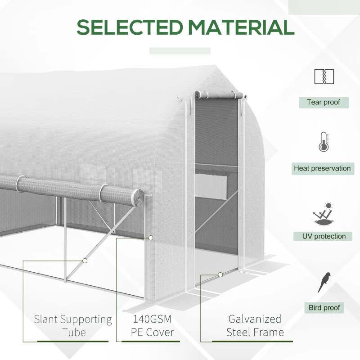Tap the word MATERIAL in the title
[242, 27]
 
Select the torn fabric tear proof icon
[324, 76]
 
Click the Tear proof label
[324, 102]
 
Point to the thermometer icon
[324, 142]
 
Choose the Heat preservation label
[322, 168]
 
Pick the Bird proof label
[324, 308]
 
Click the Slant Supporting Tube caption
[73, 326]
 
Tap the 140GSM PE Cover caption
[153, 326]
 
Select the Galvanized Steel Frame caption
[255, 326]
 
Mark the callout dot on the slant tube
[85, 261]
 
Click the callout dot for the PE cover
[151, 237]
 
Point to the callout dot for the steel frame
[220, 274]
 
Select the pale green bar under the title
[180, 51]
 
